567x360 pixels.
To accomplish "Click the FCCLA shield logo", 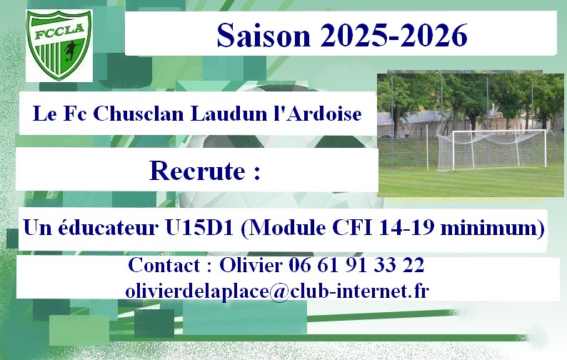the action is [x=59, y=45].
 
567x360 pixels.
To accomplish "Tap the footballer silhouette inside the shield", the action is [x=71, y=51].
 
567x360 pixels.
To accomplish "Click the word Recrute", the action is [x=197, y=171].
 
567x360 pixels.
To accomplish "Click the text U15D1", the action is [x=199, y=228].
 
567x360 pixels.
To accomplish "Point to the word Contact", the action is [x=164, y=265].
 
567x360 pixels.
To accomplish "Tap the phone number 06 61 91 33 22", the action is [x=356, y=265].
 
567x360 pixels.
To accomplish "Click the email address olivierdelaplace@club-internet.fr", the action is [x=277, y=291].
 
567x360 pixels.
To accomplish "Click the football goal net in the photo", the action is [x=491, y=150].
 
